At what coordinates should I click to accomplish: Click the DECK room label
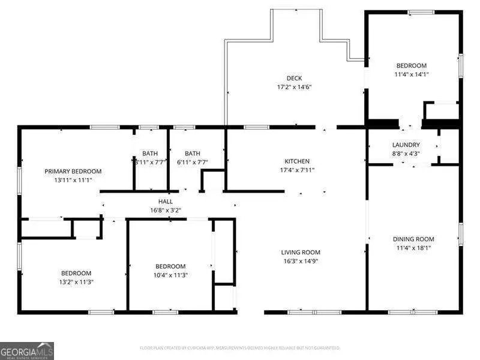[294, 78]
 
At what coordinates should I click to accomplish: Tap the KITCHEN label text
[297, 161]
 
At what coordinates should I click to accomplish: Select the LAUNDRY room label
[406, 145]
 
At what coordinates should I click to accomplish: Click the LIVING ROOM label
[301, 253]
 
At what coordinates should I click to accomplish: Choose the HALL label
[166, 202]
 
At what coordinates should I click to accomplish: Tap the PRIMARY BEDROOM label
[73, 171]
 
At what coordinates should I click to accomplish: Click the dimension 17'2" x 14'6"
[294, 87]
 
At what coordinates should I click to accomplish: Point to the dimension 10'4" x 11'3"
[170, 275]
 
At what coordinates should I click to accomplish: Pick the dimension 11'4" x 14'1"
[411, 74]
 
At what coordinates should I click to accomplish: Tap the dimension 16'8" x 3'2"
[166, 211]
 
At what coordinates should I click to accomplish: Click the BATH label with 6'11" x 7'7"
[193, 153]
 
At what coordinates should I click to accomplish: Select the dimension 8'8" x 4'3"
[406, 154]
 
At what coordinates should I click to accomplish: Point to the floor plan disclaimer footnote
[240, 347]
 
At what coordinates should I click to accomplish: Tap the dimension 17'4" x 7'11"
[297, 170]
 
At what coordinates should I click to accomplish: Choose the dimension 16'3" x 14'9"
[301, 262]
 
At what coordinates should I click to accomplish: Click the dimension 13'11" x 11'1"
[73, 179]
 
